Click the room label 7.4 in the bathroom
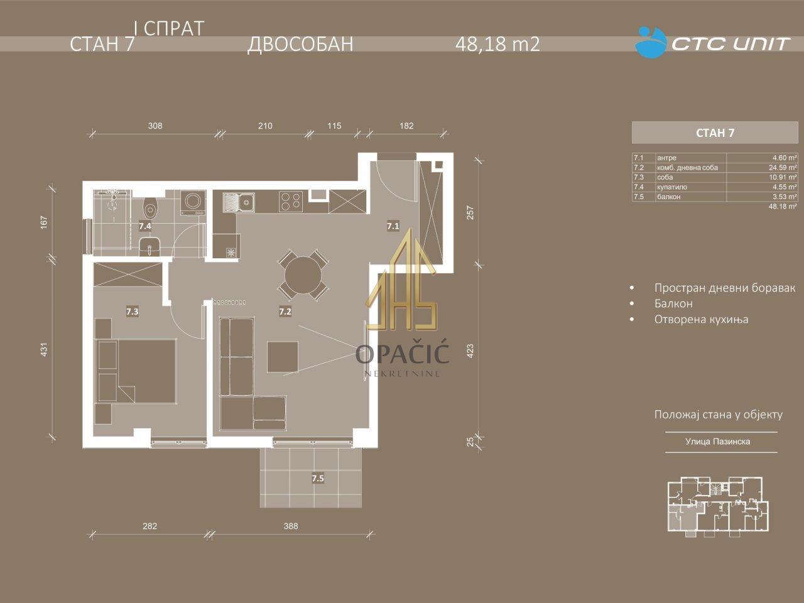145,226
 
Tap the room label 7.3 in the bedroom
133,312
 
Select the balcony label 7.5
318,478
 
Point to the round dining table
303,274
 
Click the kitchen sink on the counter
239,202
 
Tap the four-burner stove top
291,202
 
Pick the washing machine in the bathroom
193,202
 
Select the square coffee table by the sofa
283,357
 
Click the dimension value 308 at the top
155,126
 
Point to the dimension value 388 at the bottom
291,526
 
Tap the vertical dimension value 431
44,350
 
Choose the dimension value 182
406,126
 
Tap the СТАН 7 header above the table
715,133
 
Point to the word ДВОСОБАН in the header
300,45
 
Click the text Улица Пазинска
717,442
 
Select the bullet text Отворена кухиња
701,320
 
